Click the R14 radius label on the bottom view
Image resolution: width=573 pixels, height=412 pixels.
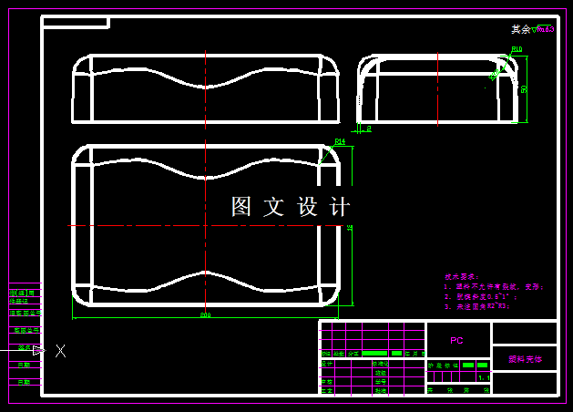click(340, 141)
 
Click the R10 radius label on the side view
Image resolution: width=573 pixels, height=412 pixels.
click(517, 49)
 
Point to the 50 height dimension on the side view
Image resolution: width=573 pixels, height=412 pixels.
click(524, 88)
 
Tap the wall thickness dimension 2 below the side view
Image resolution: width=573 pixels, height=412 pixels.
click(369, 129)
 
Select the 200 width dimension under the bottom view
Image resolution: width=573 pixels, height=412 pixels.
click(206, 315)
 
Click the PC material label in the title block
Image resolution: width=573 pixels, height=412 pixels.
click(457, 339)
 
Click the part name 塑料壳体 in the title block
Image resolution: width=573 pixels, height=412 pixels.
click(525, 359)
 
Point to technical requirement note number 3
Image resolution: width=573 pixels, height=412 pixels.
click(478, 306)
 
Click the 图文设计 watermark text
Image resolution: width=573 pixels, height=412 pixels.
click(291, 207)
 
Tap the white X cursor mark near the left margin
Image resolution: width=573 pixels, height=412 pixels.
click(61, 350)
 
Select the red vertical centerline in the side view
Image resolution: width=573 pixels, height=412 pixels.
click(438, 88)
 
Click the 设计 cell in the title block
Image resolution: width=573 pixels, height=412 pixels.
click(327, 364)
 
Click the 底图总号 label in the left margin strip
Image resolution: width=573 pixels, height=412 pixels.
click(25, 313)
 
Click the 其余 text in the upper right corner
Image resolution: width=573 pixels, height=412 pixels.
click(520, 29)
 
